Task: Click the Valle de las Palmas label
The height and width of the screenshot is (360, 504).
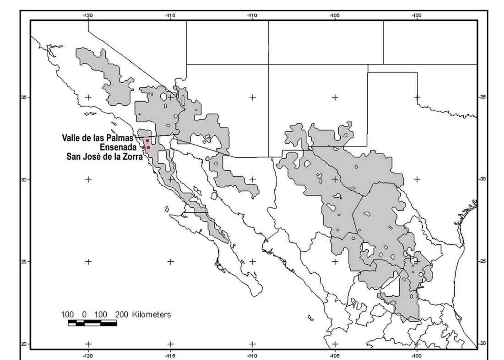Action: tap(98, 138)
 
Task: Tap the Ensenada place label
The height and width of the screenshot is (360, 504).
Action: tap(118, 147)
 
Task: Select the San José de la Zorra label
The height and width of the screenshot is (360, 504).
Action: tap(105, 157)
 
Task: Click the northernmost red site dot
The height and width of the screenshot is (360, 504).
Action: tap(147, 141)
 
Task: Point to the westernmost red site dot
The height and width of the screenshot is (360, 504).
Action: tap(144, 147)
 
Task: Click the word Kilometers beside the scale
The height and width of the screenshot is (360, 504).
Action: tap(151, 315)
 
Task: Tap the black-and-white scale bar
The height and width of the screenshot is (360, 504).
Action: tap(92, 323)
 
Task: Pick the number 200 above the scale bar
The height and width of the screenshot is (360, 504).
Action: tap(122, 315)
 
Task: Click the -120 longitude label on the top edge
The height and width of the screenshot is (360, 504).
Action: tap(88, 16)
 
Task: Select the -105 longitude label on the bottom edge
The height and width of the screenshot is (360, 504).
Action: tap(334, 356)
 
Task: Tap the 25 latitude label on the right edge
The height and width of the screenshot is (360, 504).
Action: tap(483, 261)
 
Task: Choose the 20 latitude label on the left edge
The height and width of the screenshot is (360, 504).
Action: tap(24, 344)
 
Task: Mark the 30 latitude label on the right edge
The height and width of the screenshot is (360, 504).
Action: tap(483, 179)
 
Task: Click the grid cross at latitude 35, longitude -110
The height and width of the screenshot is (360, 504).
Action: tap(252, 97)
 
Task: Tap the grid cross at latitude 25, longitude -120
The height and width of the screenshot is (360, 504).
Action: tap(88, 261)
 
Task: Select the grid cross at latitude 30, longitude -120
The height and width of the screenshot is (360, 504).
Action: tap(88, 179)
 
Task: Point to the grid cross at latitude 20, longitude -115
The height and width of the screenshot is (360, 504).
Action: tap(170, 344)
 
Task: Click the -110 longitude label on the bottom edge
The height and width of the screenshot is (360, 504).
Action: tap(252, 356)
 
